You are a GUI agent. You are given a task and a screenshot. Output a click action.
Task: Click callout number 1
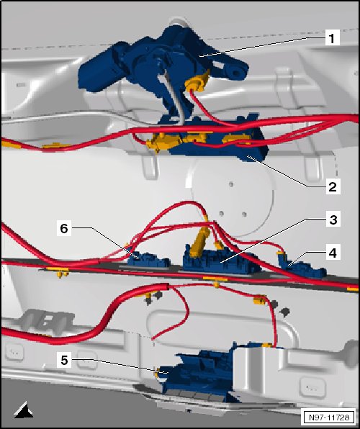(333, 38)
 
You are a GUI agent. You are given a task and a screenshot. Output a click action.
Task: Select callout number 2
(333, 187)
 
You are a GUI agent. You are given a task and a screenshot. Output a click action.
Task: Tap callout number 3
(333, 219)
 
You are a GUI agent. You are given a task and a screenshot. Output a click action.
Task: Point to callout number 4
(333, 253)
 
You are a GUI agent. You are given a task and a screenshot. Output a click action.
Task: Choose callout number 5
(64, 360)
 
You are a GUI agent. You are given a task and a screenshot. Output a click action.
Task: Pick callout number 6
(64, 228)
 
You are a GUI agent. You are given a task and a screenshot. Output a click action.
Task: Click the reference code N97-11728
(329, 417)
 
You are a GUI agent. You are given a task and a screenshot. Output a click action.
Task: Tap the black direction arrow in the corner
(24, 410)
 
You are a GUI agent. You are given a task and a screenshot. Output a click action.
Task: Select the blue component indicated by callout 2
(216, 140)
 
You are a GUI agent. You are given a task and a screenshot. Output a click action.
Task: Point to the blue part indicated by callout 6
(148, 260)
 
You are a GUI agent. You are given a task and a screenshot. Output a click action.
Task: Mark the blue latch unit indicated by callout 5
(197, 372)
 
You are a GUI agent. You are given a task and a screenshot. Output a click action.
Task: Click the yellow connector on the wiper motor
(197, 82)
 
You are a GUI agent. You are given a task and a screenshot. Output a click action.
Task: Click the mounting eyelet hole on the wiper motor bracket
(237, 73)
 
